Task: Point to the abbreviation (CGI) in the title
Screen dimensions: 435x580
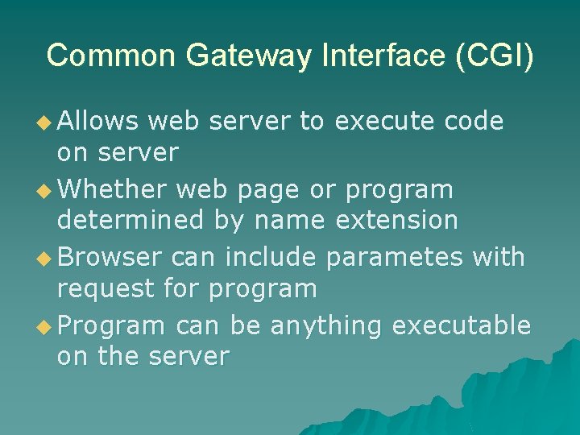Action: pyautogui.click(x=493, y=56)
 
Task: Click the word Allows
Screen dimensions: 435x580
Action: pyautogui.click(x=99, y=122)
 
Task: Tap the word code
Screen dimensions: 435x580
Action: pyautogui.click(x=474, y=122)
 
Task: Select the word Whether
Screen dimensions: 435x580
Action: pyautogui.click(x=113, y=190)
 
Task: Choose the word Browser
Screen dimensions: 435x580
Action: pyautogui.click(x=110, y=258)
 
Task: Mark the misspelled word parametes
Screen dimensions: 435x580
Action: pyautogui.click(x=395, y=258)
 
